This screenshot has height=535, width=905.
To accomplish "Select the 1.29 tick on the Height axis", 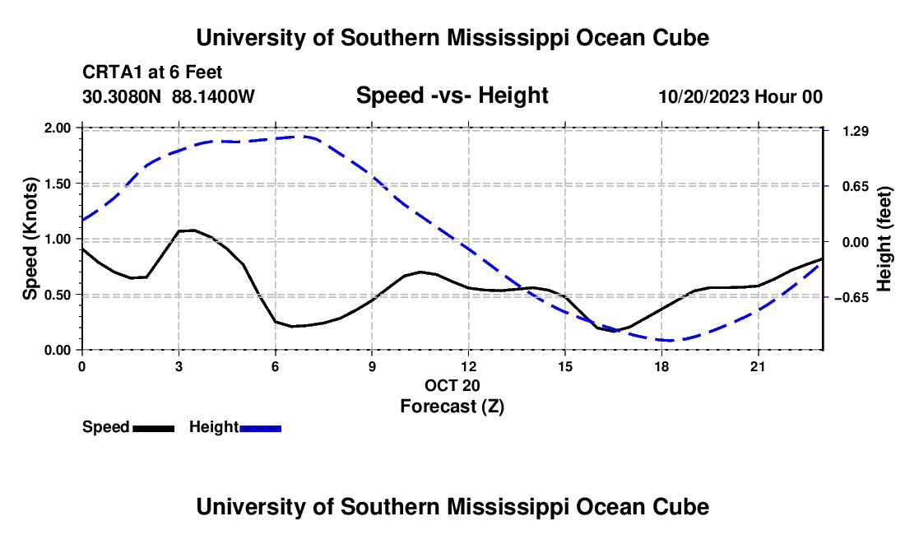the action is click(856, 132).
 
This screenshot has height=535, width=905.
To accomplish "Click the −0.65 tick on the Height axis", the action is click(852, 298).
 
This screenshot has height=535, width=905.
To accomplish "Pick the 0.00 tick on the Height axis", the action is click(856, 242).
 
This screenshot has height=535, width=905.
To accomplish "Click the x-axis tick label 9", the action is click(372, 366).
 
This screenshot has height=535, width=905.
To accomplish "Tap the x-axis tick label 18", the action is click(661, 366).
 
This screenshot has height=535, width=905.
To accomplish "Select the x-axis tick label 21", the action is click(758, 366).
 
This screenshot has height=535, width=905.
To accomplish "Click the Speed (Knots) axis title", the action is click(30, 239).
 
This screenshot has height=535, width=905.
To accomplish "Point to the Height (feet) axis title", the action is click(884, 239).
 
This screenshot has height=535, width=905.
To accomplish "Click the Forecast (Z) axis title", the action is click(452, 407).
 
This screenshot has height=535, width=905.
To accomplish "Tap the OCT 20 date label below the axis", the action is click(452, 385).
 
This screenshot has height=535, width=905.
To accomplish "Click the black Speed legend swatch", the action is click(154, 428).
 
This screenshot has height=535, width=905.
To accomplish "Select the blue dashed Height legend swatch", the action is click(260, 428).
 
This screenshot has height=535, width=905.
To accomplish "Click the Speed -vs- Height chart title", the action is click(452, 95).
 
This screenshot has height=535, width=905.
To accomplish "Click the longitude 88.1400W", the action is click(213, 96).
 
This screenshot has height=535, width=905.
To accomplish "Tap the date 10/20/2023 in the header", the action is click(704, 96).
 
